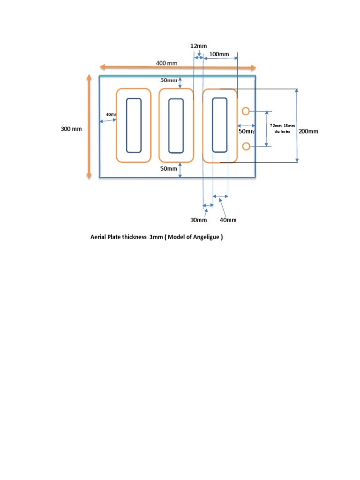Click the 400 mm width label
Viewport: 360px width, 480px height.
166,63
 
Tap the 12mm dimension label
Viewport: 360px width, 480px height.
198,46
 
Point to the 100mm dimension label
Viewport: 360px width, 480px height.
219,54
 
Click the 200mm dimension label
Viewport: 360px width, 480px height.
308,131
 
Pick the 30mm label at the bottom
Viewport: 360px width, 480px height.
198,220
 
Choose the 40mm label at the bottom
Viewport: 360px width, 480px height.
228,220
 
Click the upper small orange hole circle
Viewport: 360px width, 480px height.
246,111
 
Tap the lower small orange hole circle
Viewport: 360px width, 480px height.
246,147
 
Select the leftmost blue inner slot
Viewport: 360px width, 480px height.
134,125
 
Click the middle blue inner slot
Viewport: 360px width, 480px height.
176,125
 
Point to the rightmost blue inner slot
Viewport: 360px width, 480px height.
219,125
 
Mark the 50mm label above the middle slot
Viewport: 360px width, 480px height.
169,80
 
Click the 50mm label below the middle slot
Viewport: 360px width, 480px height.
169,168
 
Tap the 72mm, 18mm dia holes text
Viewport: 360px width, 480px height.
283,128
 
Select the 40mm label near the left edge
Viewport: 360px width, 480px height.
111,114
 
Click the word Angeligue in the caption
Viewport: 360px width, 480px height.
204,237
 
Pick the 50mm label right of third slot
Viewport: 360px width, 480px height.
246,131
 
